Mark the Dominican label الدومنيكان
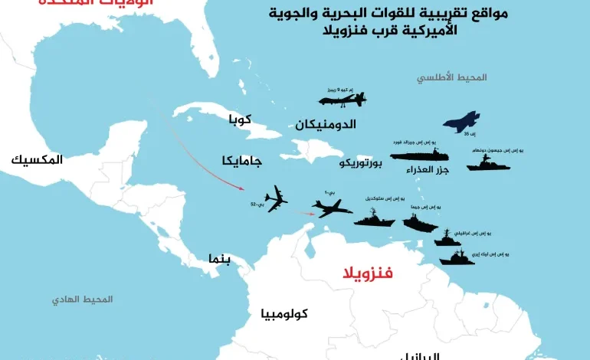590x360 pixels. tap(325, 123)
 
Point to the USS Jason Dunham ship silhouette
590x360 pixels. tap(488, 164)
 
